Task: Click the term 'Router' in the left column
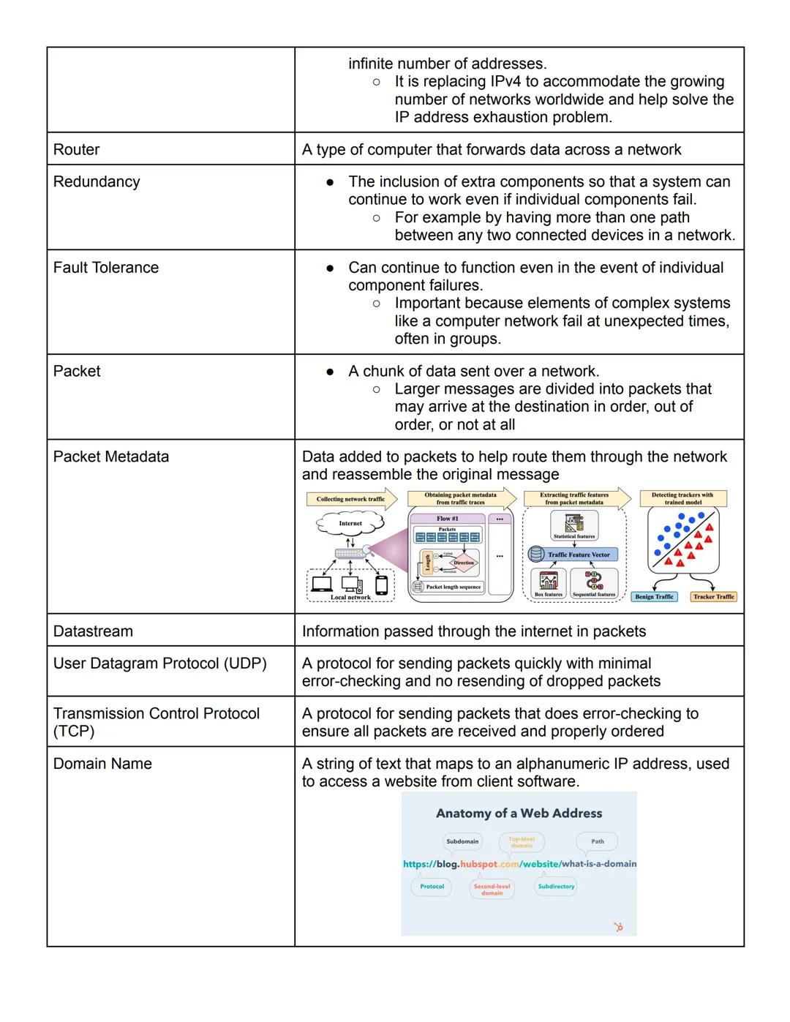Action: pos(76,149)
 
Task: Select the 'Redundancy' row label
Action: pos(96,181)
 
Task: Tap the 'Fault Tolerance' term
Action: pos(105,268)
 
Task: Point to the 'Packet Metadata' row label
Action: pos(110,456)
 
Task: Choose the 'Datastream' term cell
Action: pos(93,631)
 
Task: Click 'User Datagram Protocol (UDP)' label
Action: pos(159,664)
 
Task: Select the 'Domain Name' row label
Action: pos(102,764)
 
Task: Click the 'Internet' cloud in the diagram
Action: pos(350,523)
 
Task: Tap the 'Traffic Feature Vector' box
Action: pos(574,555)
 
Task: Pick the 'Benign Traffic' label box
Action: pos(654,597)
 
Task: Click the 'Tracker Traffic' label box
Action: pos(713,597)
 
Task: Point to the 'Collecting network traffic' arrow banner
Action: pos(351,499)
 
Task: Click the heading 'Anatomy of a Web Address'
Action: pos(519,814)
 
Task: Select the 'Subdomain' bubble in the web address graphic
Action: pos(462,841)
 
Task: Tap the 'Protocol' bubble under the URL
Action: pos(432,887)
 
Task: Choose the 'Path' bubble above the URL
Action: pos(598,841)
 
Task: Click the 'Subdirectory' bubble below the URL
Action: pos(556,887)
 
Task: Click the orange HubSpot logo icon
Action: pos(618,927)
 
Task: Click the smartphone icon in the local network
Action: pos(381,585)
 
